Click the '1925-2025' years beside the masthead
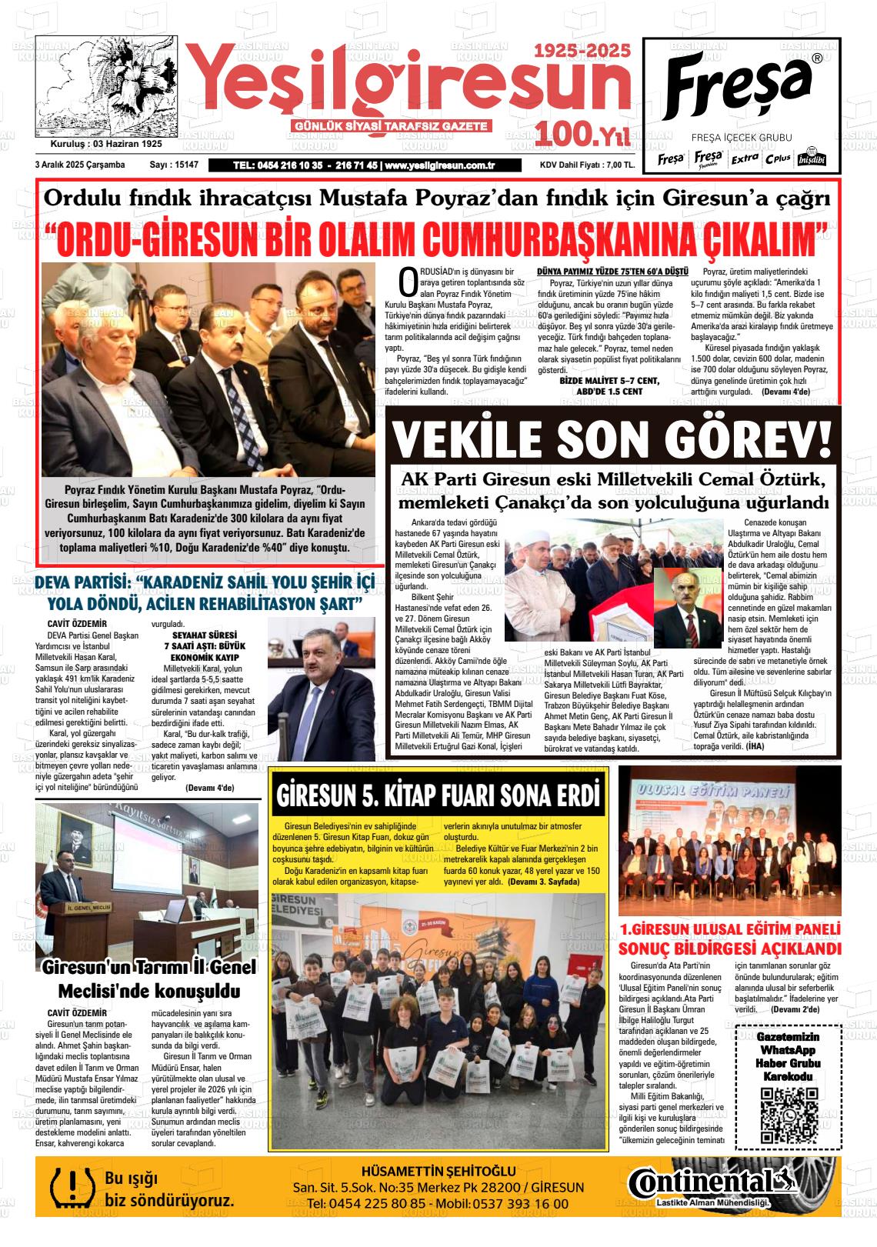point(582,51)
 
